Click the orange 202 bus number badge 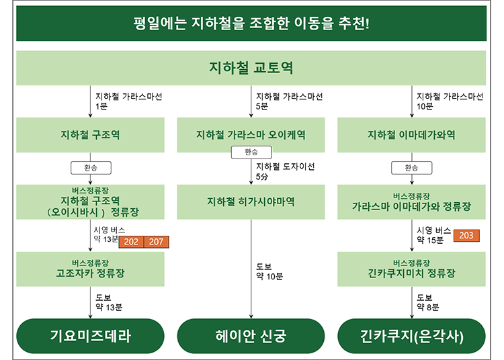(x=131, y=242)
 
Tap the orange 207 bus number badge (x=156, y=242)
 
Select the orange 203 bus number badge (x=466, y=235)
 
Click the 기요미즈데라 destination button (x=90, y=336)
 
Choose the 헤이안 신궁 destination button (x=251, y=336)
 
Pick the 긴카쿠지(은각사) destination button (x=411, y=336)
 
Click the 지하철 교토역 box (x=251, y=68)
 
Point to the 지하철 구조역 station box (x=90, y=135)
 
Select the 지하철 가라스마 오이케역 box (x=251, y=135)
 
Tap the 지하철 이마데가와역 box (x=411, y=135)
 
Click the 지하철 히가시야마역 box (x=251, y=201)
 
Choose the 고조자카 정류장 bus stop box (x=90, y=269)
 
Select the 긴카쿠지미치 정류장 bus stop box (x=411, y=269)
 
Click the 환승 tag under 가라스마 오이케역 (x=251, y=152)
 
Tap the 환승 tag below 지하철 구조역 (x=91, y=168)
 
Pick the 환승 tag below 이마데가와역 (x=412, y=168)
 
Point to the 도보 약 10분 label (x=269, y=272)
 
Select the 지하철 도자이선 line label (x=286, y=167)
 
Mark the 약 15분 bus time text (x=430, y=240)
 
